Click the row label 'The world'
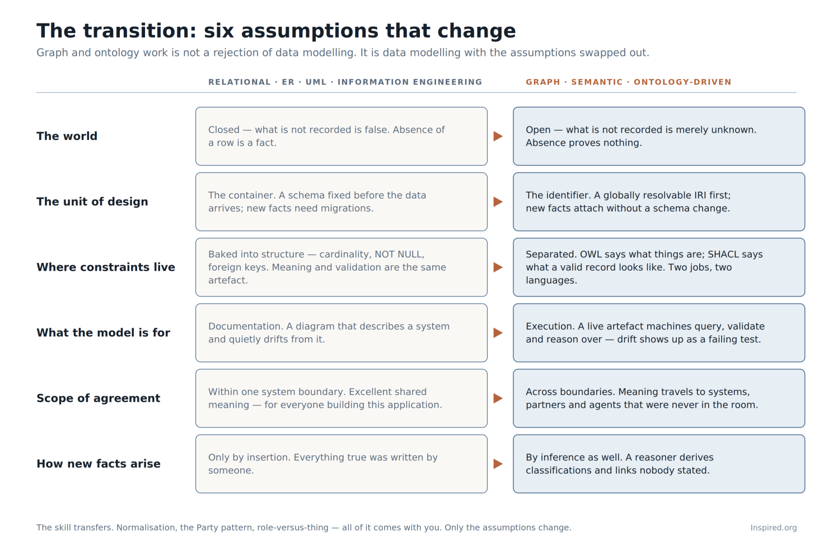(x=67, y=136)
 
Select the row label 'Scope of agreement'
(x=98, y=398)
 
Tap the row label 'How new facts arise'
(x=99, y=464)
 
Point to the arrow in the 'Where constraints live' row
(x=498, y=267)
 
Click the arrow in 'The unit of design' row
(x=498, y=202)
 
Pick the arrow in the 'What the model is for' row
(x=498, y=333)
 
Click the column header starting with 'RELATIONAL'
(x=345, y=82)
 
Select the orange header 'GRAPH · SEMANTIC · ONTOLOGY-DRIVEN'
(x=629, y=82)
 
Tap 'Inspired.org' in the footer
(x=774, y=528)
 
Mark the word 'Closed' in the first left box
(x=224, y=130)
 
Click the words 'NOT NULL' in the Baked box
(x=399, y=254)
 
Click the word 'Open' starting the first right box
(x=538, y=130)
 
